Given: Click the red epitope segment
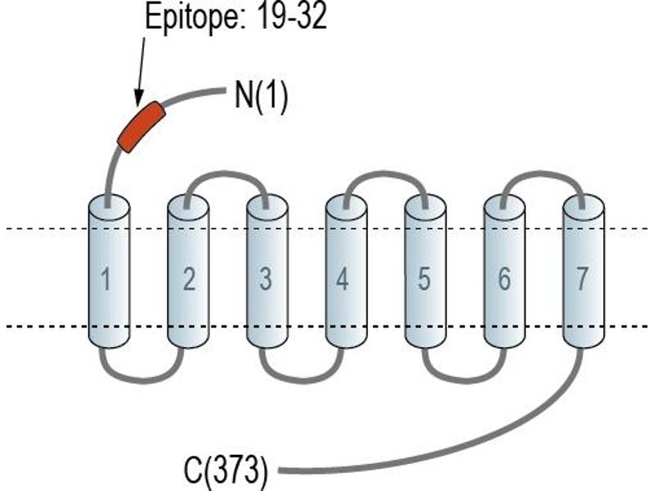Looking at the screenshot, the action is (x=141, y=127).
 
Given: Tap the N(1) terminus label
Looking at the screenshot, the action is (x=261, y=96).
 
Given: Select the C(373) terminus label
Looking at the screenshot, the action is (x=226, y=470).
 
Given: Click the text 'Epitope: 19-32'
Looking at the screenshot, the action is (x=235, y=17).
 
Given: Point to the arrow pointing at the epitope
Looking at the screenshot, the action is (x=141, y=71).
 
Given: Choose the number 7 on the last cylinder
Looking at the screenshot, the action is (x=582, y=278).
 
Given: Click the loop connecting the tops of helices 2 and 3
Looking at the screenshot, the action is (x=226, y=173).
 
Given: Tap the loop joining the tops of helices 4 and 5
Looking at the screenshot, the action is (x=384, y=173).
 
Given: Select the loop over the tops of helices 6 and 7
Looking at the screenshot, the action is (x=541, y=173).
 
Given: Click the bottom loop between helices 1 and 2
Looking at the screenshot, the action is (x=141, y=380).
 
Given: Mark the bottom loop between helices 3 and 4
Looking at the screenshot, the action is (x=301, y=380).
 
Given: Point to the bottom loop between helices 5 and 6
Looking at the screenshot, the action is (x=464, y=380).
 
